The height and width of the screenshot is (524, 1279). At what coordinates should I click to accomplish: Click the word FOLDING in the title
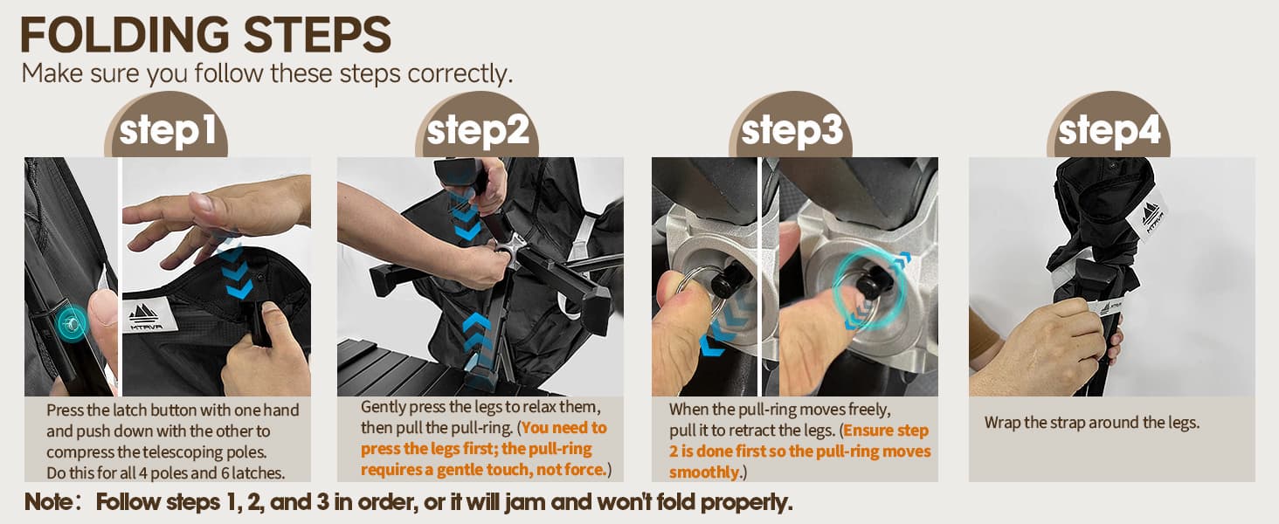click(125, 35)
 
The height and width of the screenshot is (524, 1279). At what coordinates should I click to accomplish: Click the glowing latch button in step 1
click(72, 323)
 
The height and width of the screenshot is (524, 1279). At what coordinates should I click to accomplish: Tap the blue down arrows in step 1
click(235, 267)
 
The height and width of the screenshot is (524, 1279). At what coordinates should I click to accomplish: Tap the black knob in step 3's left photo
click(726, 281)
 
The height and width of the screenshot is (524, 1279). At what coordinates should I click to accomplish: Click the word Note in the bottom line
click(49, 502)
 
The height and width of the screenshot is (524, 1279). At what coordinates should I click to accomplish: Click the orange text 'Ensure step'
click(886, 431)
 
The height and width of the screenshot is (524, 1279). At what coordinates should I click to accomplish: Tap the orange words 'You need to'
click(564, 428)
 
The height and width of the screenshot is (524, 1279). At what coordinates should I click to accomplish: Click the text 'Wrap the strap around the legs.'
click(1092, 423)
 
